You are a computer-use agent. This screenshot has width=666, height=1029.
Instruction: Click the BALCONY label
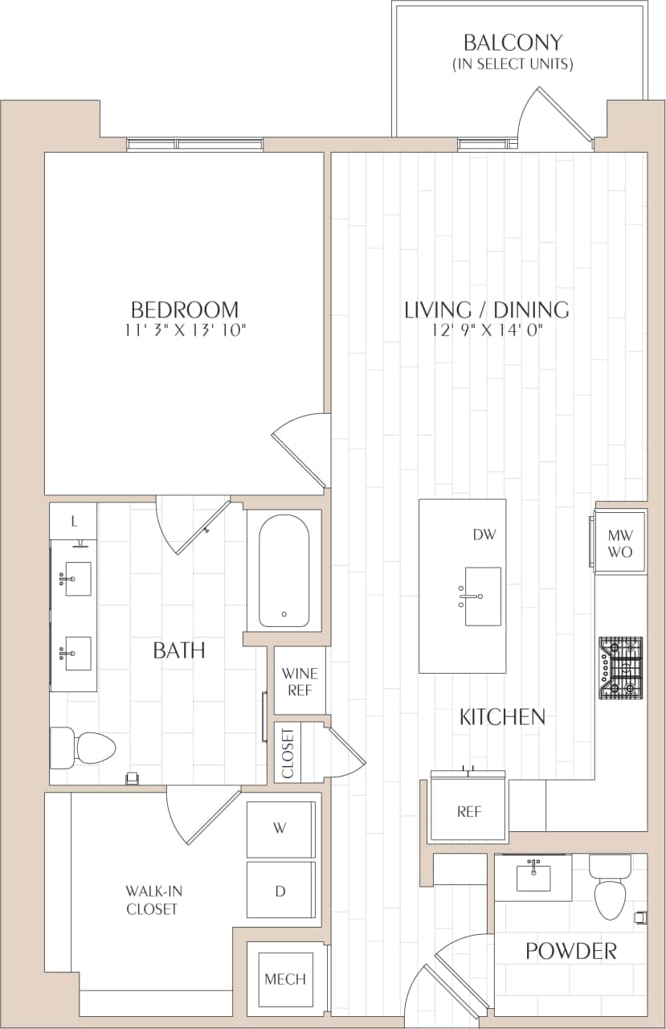[513, 42]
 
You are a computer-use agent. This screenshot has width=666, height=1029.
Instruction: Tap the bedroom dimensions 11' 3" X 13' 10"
[185, 330]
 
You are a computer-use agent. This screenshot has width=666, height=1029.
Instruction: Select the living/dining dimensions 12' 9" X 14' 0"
[486, 330]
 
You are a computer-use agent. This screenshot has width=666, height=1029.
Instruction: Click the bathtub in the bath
[284, 568]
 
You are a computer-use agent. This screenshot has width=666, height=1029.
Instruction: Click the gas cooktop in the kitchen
[621, 666]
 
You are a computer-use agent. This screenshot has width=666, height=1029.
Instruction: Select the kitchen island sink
[482, 596]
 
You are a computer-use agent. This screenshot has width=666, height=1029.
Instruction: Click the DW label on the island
[481, 534]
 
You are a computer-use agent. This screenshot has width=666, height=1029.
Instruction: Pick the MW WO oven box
[620, 542]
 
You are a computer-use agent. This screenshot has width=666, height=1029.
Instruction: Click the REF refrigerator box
[468, 810]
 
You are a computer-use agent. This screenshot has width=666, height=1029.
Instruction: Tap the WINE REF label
[300, 682]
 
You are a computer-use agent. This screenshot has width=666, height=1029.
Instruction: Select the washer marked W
[280, 829]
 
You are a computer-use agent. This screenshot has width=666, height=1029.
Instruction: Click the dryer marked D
[280, 890]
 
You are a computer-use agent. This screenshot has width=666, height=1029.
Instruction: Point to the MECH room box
[285, 978]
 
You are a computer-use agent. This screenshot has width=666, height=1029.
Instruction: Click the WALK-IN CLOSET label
[152, 900]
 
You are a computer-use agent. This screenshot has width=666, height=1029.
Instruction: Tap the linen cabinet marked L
[74, 522]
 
